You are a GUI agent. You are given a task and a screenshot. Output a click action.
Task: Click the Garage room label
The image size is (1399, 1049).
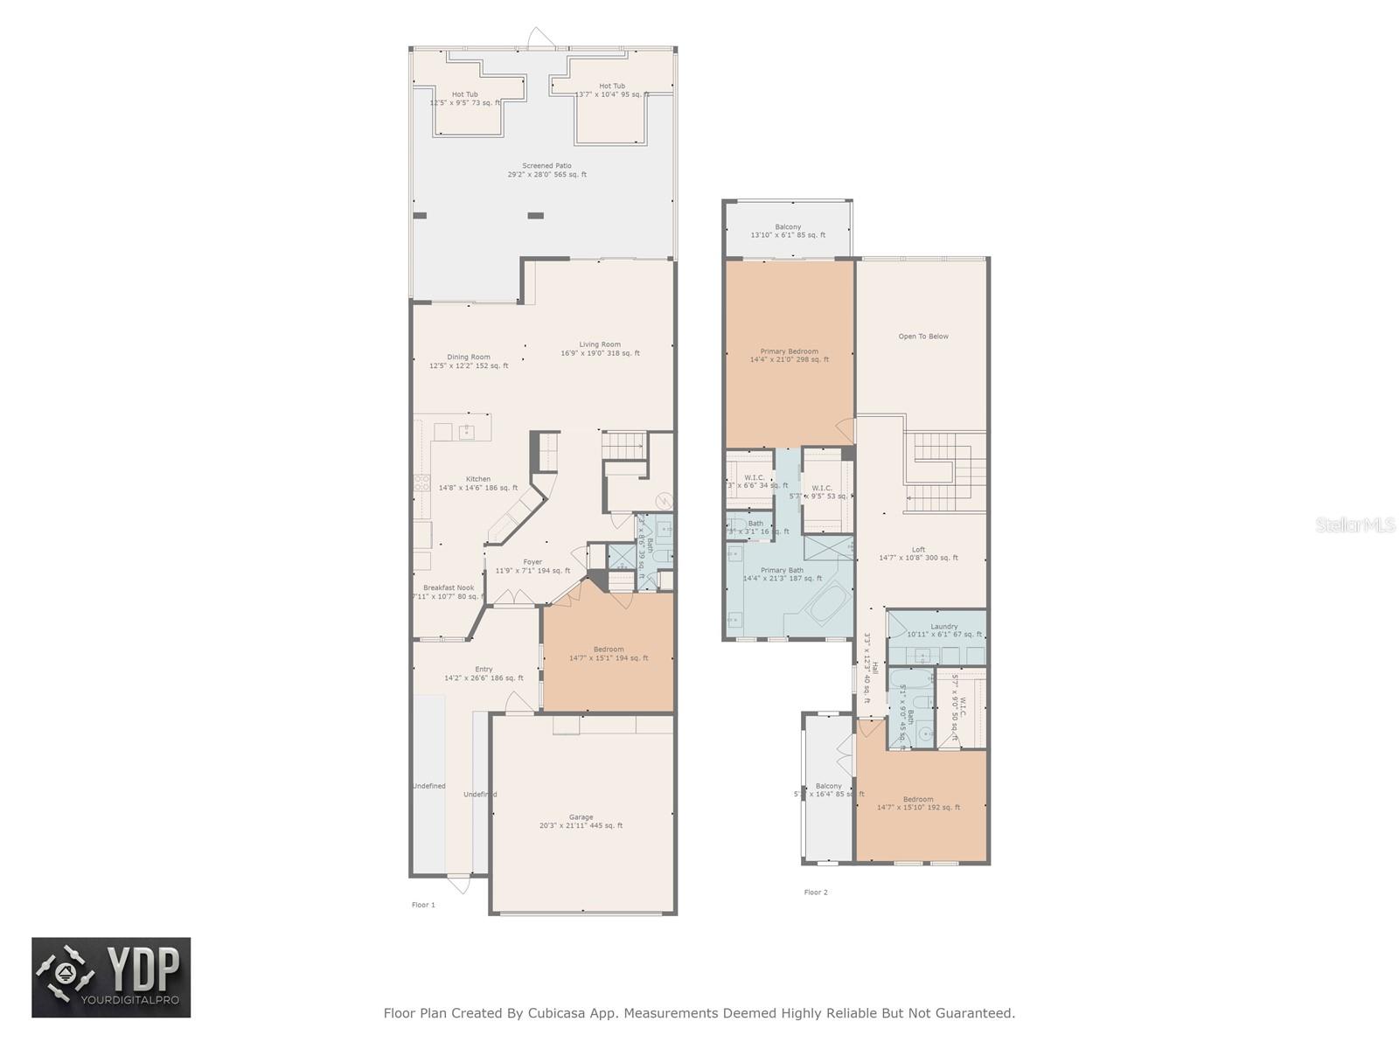pos(581,817)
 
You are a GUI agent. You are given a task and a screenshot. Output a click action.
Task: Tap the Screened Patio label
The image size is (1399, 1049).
pos(546,166)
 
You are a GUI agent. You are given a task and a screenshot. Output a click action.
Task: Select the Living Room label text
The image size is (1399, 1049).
pos(600,344)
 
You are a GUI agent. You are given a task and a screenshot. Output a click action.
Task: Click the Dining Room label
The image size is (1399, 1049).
pos(469,357)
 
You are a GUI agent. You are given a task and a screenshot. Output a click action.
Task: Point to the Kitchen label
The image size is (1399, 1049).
pos(477,479)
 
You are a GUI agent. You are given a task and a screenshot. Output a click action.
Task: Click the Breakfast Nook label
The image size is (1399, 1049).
pos(449,588)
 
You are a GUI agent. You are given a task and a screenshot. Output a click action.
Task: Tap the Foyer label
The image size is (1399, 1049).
pos(532,562)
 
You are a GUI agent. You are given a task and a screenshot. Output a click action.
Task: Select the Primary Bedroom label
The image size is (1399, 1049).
pos(789,351)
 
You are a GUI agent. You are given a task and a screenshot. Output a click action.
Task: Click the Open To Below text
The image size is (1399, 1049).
pos(923,337)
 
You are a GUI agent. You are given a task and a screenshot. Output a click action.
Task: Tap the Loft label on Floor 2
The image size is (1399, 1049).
pos(918,550)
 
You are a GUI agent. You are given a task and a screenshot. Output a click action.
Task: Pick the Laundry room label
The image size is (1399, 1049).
pos(944,627)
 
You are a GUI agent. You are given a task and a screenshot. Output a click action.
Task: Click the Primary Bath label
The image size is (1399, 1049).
pos(782,571)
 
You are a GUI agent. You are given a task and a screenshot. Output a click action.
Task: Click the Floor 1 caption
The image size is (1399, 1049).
pos(423,905)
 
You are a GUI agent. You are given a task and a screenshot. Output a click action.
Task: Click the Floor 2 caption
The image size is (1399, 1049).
pos(815,893)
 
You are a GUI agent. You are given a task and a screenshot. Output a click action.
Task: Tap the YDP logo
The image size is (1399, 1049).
pos(111,977)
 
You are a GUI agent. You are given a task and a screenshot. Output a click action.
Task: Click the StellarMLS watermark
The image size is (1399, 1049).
pos(1356,524)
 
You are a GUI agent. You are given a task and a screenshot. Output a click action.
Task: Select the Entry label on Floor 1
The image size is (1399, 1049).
pos(484,670)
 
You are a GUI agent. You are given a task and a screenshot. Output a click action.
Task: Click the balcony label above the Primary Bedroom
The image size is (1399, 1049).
pos(787,227)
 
